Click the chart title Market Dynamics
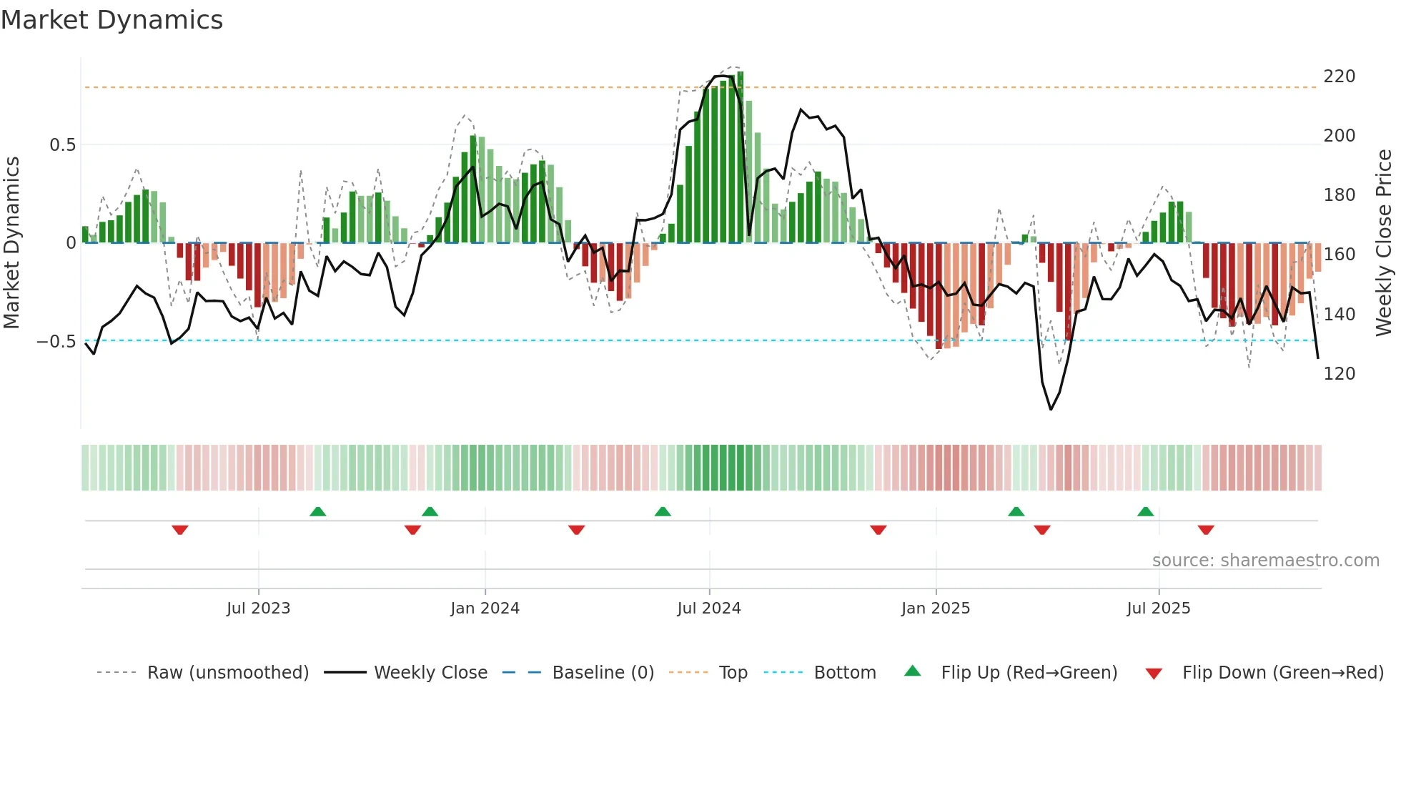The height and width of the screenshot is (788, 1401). pos(112,20)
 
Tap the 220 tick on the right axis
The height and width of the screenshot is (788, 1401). pos(1339,77)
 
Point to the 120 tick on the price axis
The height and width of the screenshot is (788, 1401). pos(1339,374)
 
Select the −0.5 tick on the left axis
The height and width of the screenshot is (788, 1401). pos(56,342)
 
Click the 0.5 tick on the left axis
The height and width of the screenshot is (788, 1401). pos(62,145)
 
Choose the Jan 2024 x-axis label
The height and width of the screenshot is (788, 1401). pos(485,609)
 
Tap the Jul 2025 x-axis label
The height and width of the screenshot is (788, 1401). pos(1158,609)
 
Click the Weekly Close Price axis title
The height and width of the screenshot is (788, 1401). pos(1384,243)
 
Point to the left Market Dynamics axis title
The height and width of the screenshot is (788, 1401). pos(11,243)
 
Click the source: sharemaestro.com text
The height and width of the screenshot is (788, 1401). pos(1265,561)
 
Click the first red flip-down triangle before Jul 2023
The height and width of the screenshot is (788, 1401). pos(180,530)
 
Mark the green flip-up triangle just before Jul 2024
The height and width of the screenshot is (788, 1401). pos(663,511)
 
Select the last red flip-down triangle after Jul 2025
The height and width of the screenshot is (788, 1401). pos(1206,530)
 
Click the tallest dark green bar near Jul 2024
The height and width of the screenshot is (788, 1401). pos(741,157)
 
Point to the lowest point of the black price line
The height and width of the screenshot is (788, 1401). pos(1051,409)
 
